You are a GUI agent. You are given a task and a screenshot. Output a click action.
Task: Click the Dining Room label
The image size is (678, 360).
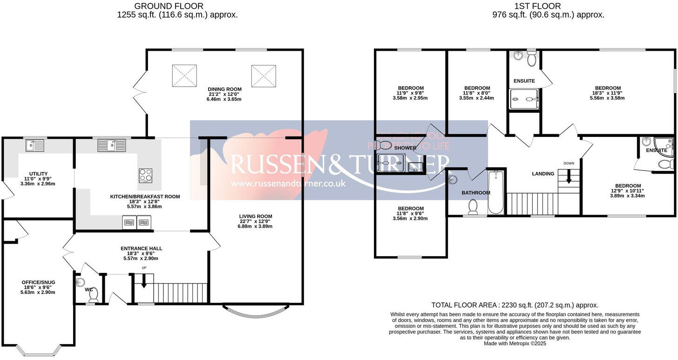pos(224,89)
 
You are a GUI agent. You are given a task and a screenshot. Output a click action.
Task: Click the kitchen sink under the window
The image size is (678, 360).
pos(112,146)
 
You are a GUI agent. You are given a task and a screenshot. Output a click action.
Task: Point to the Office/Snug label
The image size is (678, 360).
pos(38,282)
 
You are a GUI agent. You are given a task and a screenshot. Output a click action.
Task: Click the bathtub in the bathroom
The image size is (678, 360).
pos(496,191)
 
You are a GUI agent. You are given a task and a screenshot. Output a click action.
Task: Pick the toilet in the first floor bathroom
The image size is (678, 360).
pos(473,206)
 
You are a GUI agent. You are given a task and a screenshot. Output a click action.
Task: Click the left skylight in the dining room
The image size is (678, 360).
pos(185,75)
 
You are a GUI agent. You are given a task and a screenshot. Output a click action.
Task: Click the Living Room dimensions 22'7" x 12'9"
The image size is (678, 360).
pos(255,221)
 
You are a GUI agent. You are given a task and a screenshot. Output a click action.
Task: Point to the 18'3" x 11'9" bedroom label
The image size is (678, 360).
pos(608,93)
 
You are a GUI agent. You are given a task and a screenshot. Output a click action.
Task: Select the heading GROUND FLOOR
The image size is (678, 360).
pos(169,6)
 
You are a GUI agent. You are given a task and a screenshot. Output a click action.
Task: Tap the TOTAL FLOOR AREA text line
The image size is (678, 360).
pos(515,305)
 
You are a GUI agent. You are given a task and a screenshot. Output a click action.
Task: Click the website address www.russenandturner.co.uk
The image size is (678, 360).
pos(288,183)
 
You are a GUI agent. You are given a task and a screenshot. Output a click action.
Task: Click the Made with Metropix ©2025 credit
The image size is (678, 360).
pos(515,344)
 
